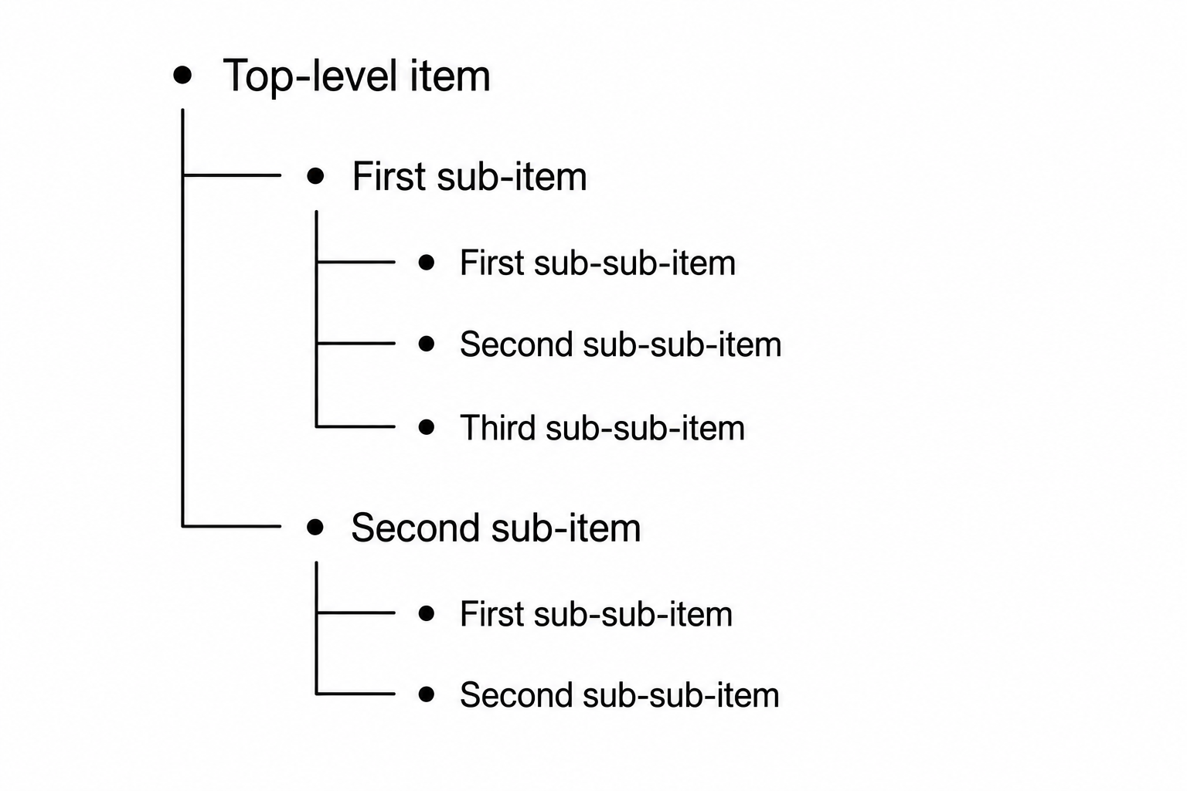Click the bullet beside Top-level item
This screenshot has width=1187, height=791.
pos(182,75)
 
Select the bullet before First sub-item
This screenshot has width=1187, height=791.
pos(315,175)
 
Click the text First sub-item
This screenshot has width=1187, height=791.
pos(470,176)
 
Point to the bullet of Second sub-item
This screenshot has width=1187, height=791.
pos(315,527)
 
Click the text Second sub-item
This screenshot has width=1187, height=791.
pos(496,528)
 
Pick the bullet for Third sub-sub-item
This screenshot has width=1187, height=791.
pos(426,427)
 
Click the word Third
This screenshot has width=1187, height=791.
pos(498,427)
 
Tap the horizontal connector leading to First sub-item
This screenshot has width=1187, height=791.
pos(232,175)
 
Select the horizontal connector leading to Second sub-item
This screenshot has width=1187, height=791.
pos(232,526)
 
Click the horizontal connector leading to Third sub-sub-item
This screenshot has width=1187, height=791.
pos(355,426)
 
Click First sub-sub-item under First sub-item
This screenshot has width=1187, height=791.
pos(597,263)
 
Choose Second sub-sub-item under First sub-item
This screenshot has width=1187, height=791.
pos(621,345)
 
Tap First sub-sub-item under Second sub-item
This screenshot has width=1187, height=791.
pos(596,614)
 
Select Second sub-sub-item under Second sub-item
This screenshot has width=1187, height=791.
pos(620,695)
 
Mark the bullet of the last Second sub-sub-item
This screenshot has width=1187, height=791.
pos(426,694)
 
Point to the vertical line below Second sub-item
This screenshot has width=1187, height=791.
pos(316,628)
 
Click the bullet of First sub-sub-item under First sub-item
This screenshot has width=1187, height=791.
pos(426,263)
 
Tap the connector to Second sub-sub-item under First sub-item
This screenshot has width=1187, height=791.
pos(355,343)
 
